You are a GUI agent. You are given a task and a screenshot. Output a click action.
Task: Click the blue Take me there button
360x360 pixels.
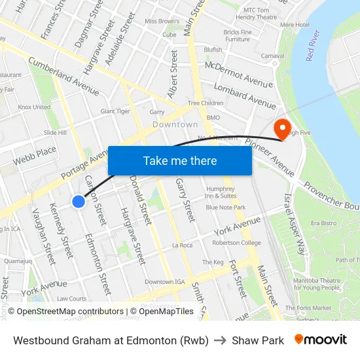pos(180,160)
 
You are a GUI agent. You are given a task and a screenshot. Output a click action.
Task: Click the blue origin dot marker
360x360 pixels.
pos(79,202)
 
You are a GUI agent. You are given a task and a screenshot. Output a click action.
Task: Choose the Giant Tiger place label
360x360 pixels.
pos(115,111)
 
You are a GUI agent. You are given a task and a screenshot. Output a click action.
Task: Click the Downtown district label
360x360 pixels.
pos(175,124)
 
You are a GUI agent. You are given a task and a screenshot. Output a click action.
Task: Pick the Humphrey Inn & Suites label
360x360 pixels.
pos(220,192)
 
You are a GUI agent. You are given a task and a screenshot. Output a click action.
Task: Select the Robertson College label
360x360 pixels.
pos(236,242)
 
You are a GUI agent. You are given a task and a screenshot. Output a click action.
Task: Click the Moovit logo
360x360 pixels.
pos(320,340)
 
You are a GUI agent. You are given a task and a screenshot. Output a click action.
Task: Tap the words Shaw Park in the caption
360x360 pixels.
pos(258,340)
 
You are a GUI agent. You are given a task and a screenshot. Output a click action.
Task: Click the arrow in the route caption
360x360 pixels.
pos(220,340)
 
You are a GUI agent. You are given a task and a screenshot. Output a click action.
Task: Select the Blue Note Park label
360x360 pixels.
pos(226,207)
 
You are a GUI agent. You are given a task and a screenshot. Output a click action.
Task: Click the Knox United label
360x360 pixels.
pos(34,107)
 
